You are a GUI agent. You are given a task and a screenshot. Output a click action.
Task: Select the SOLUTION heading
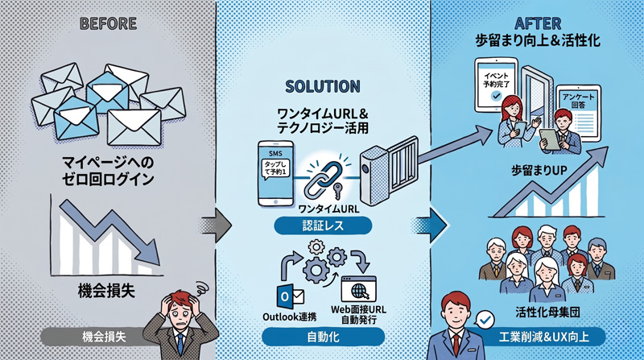point(322,85)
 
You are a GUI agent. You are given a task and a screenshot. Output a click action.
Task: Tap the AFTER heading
point(535,23)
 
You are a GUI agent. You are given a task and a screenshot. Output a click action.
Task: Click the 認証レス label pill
point(321,228)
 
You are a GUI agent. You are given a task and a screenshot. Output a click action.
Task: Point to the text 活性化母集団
point(547,311)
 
